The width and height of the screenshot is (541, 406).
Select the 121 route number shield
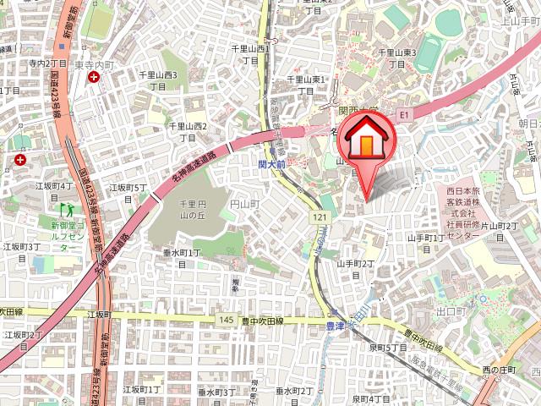[x=319, y=217]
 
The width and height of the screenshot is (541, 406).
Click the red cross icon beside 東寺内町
[x=92, y=77]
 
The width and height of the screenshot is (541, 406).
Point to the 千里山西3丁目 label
[x=157, y=81]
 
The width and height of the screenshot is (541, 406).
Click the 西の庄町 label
[x=499, y=369]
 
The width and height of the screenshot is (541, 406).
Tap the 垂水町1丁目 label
[x=182, y=258]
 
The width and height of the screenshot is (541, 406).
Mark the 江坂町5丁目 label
[x=128, y=192]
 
